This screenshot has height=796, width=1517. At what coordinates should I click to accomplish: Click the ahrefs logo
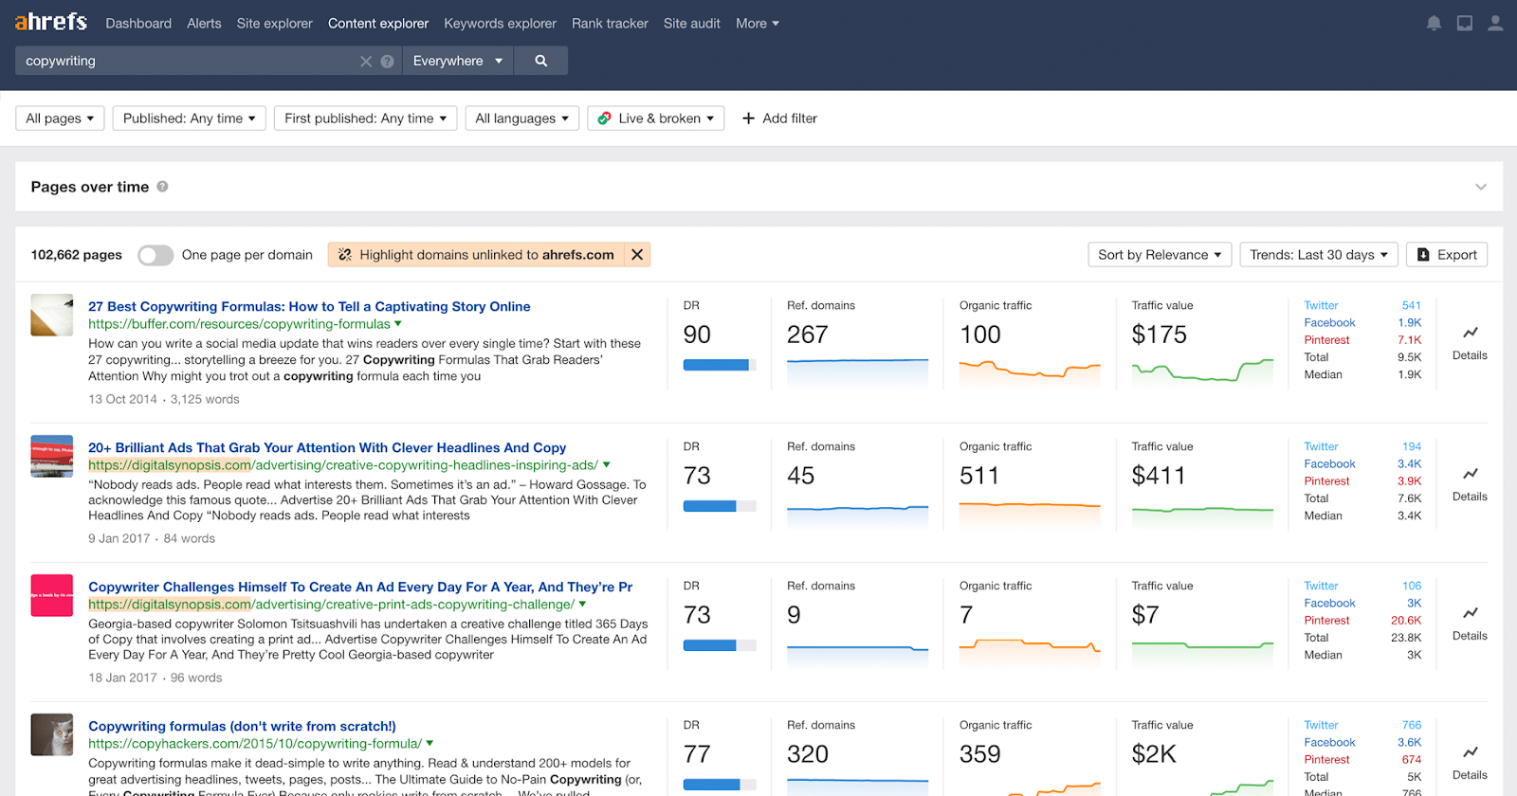(50, 22)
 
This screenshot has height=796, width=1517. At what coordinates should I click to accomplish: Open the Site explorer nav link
(274, 24)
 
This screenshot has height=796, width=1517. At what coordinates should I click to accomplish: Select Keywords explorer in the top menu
(500, 24)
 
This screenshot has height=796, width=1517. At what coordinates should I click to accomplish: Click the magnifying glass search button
(540, 61)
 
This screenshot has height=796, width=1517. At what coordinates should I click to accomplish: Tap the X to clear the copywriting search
(366, 62)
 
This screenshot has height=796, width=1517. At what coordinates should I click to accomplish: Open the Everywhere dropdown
(457, 61)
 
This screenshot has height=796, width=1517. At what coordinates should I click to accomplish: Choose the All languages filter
(521, 118)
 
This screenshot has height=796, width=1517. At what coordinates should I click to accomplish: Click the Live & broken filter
(656, 118)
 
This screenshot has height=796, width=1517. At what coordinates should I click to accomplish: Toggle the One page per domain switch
(155, 255)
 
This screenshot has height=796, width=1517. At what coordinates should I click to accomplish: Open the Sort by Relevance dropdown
(1160, 255)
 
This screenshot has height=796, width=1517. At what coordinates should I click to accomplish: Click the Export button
(1447, 255)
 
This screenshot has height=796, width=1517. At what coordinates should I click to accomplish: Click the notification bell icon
(1434, 24)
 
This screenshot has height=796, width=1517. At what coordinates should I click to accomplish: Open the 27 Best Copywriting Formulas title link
(309, 307)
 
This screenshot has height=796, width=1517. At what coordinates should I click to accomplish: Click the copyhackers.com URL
(255, 744)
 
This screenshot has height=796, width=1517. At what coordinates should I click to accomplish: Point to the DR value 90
(697, 335)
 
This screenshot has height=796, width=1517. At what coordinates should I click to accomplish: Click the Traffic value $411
(1159, 476)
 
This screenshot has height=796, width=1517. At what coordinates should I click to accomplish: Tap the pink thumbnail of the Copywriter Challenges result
(52, 596)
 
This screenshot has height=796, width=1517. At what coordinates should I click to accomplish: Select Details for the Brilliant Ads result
(1470, 483)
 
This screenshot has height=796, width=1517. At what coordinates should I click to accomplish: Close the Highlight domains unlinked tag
(637, 255)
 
